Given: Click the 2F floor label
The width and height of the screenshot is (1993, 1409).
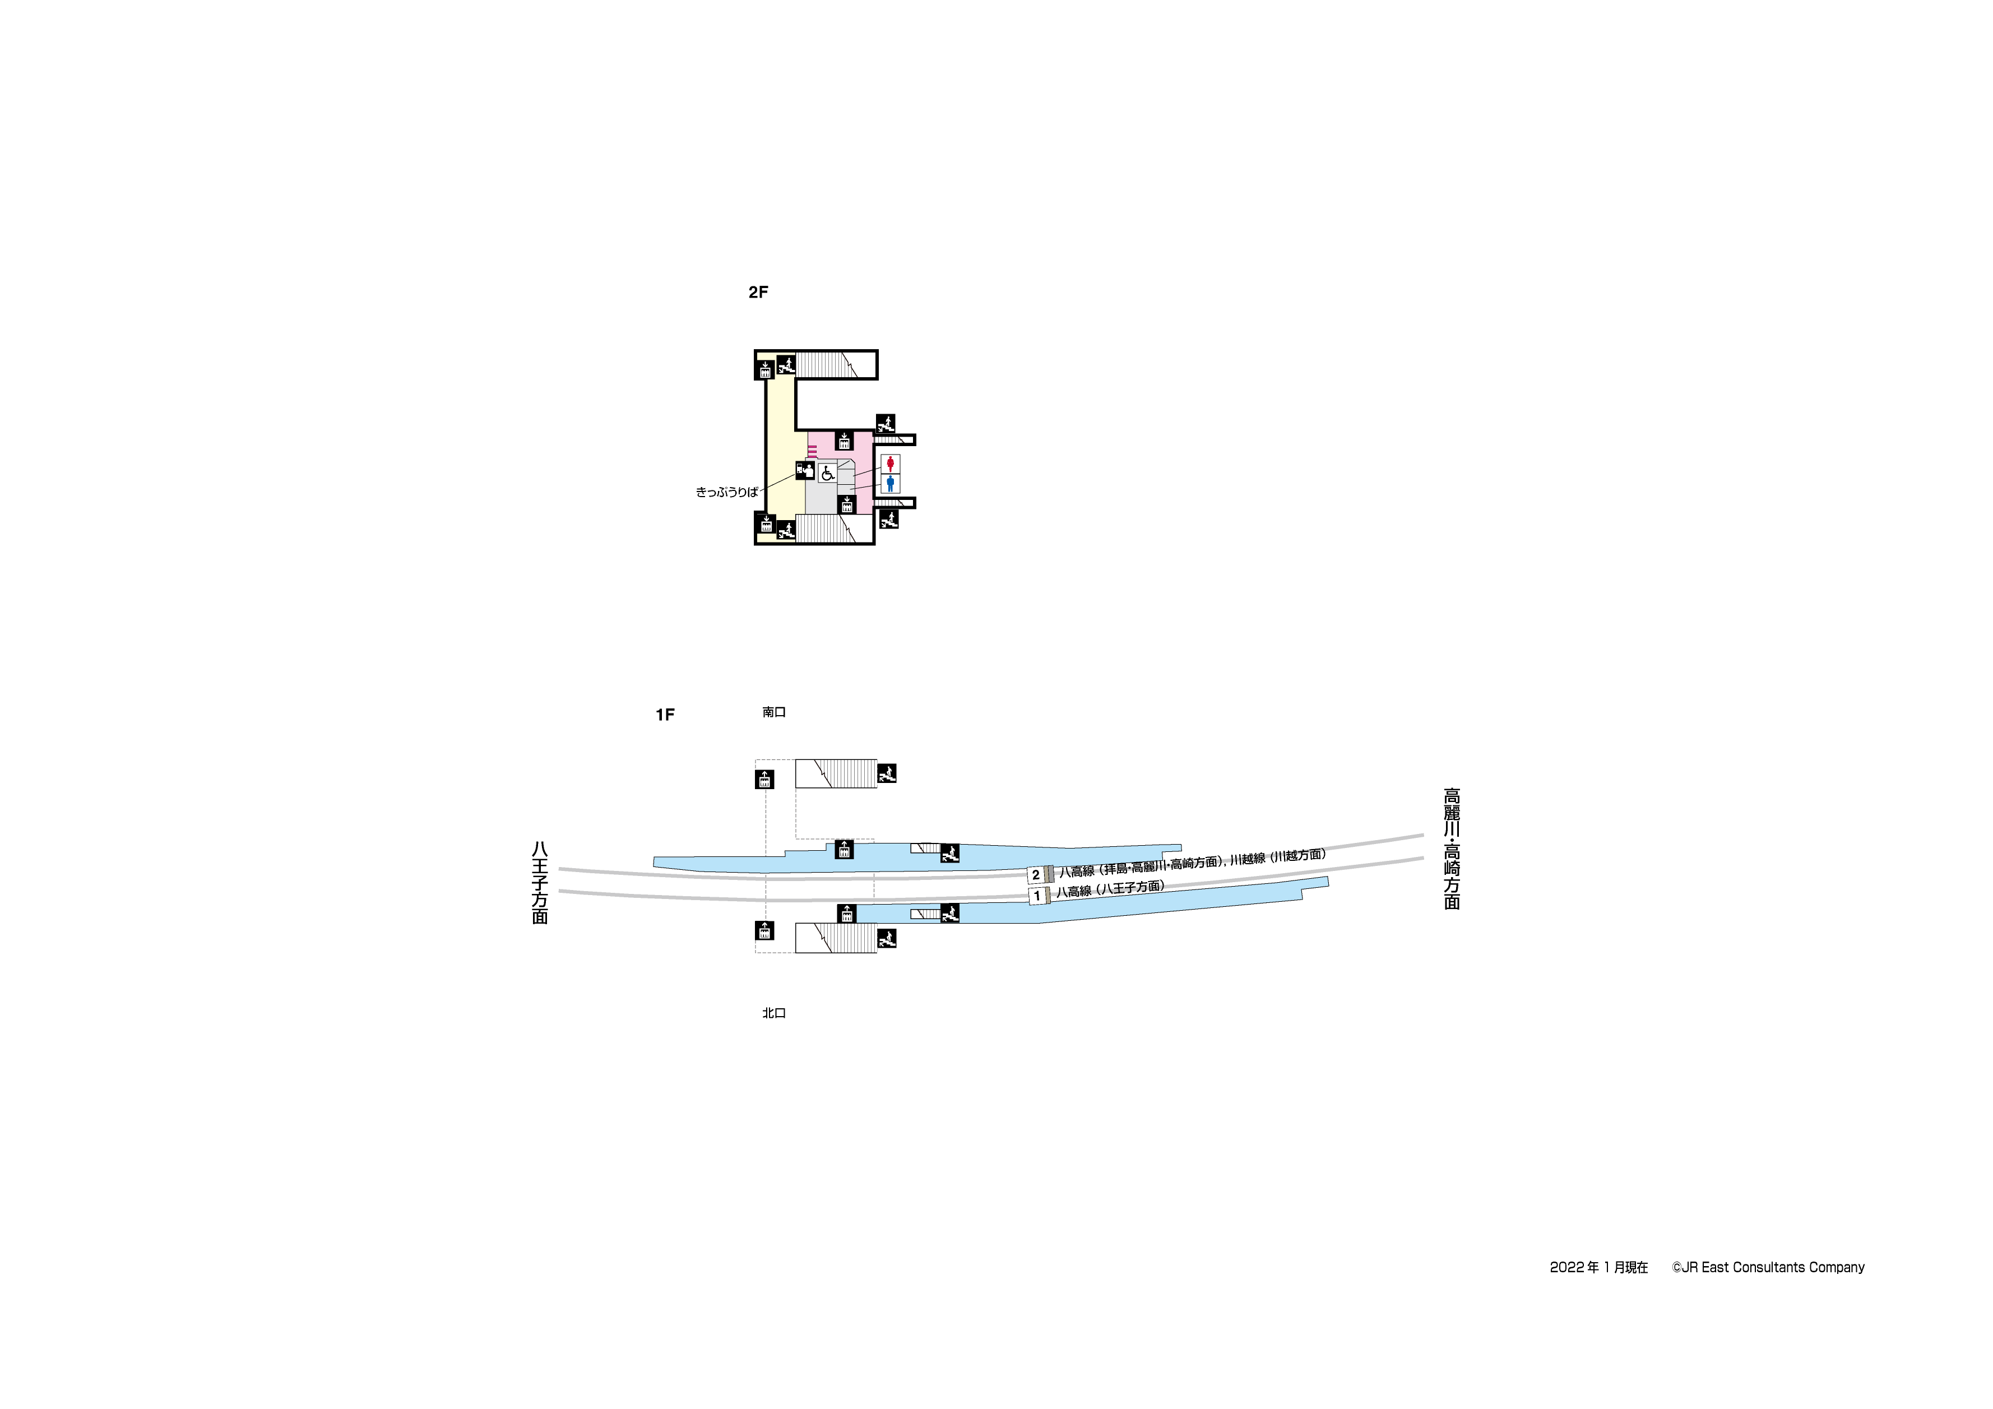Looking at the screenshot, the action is click(758, 293).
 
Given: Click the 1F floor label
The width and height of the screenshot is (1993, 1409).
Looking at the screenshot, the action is click(665, 715).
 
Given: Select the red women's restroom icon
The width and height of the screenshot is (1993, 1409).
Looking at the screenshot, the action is click(891, 464).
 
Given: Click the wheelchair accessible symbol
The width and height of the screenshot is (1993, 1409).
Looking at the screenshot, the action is click(827, 472).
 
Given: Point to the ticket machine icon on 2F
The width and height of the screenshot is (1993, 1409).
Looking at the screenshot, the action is click(805, 471).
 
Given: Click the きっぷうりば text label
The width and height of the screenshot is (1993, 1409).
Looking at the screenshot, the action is click(726, 492).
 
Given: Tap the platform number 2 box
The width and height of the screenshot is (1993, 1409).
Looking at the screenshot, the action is click(1036, 875).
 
